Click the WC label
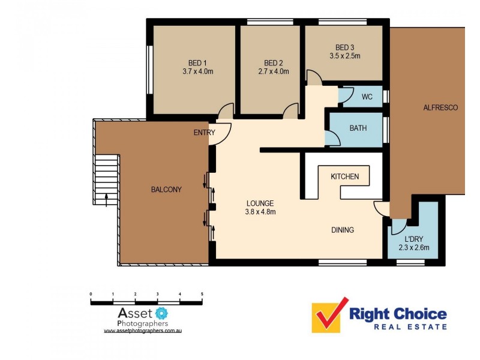click(367, 97)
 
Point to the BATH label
click(358, 128)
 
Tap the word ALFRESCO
click(440, 108)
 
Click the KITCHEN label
click(345, 176)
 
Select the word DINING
click(343, 230)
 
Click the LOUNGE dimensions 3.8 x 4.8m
click(260, 211)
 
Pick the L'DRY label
click(413, 239)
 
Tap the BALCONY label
click(166, 190)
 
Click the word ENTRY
click(204, 133)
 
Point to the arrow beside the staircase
click(106, 199)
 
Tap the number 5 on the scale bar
click(202, 294)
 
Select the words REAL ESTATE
click(410, 326)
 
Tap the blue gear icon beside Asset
click(161, 313)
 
